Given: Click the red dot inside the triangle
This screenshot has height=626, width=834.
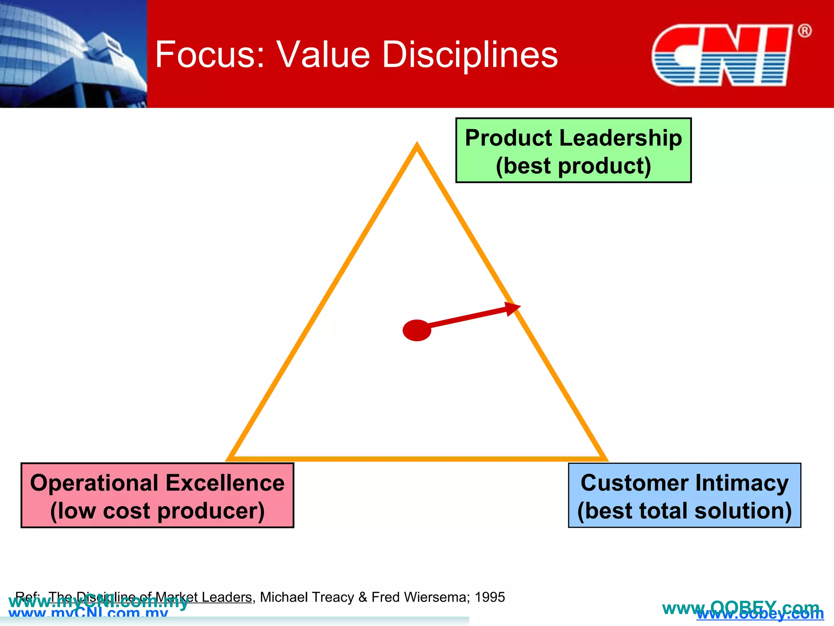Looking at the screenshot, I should (x=417, y=330).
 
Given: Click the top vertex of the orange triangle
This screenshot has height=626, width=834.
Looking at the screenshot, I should (x=417, y=146).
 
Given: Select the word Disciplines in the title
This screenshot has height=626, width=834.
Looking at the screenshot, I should (x=470, y=55).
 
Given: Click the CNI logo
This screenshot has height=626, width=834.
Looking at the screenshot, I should (x=722, y=55).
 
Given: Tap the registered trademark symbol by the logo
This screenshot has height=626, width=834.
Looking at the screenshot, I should (x=804, y=31).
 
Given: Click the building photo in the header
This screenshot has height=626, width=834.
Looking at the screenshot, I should (x=73, y=54).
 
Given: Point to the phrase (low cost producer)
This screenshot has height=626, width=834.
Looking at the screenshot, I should (x=157, y=511).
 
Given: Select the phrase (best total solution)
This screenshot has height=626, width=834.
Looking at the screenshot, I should (x=685, y=511).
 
